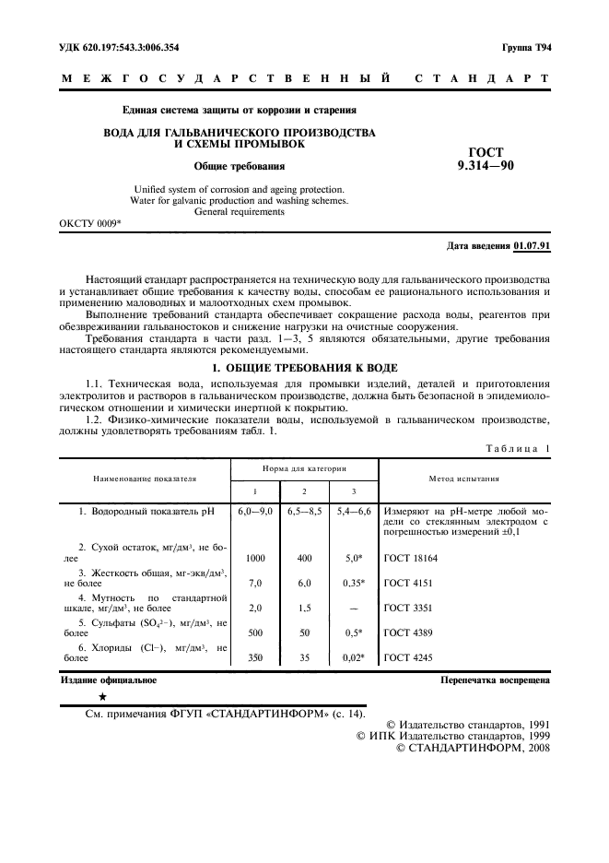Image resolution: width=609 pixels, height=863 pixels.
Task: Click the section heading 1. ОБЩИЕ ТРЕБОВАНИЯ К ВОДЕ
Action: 304,367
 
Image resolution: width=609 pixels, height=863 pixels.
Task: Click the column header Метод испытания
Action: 464,479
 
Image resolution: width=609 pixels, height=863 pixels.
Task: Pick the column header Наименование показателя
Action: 145,479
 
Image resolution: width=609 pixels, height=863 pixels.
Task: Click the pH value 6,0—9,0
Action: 256,511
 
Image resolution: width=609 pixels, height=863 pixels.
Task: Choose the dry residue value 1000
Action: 256,558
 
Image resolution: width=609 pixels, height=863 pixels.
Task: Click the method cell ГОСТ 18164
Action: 410,558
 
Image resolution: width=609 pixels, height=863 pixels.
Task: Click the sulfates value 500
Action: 256,632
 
